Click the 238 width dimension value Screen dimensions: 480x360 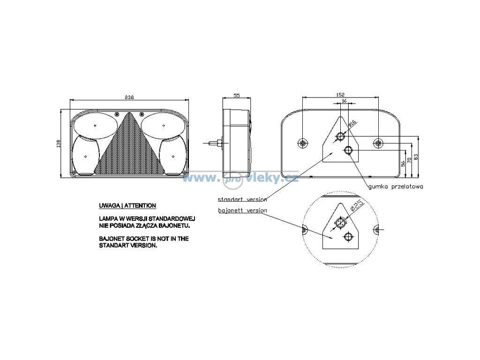[x=129, y=97]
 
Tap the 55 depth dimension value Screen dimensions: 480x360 [x=236, y=96]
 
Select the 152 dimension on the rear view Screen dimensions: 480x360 [x=341, y=95]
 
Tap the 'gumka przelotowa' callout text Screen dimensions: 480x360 [x=396, y=186]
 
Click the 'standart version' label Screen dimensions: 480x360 [x=242, y=199]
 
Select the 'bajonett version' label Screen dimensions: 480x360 [x=242, y=210]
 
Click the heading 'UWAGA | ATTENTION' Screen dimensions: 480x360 [x=127, y=206]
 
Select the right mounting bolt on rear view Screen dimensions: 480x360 [x=378, y=142]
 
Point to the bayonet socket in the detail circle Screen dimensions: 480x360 [x=340, y=224]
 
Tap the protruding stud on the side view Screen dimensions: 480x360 [x=216, y=142]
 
